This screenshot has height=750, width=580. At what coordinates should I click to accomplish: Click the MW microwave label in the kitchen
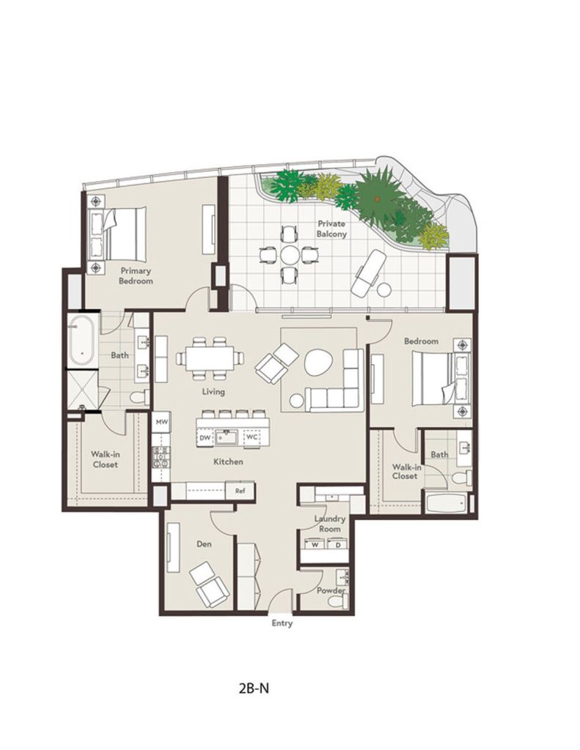(161, 422)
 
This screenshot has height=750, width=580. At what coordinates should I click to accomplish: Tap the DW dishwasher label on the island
(205, 437)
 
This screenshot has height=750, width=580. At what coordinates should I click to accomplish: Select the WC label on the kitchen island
(252, 437)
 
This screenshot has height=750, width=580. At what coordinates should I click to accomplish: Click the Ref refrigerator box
(240, 491)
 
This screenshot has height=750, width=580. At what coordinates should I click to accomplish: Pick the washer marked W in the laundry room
(315, 545)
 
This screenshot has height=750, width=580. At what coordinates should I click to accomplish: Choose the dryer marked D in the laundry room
(337, 545)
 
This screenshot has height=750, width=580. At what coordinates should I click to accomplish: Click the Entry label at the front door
(282, 623)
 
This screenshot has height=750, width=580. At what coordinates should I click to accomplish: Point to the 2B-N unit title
(254, 688)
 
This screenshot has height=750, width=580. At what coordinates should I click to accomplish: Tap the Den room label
(204, 544)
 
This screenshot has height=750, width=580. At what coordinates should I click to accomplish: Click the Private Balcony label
(331, 229)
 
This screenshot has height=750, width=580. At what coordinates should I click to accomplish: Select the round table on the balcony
(290, 255)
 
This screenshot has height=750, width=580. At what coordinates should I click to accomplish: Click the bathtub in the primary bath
(82, 341)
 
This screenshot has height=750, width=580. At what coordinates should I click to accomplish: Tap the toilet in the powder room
(337, 601)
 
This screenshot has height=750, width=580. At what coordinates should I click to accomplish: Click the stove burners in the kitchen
(161, 457)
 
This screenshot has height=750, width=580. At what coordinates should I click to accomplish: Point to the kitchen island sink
(226, 437)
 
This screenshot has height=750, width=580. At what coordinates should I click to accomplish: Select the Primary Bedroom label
(136, 276)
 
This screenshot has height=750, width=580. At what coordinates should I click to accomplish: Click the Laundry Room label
(329, 524)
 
